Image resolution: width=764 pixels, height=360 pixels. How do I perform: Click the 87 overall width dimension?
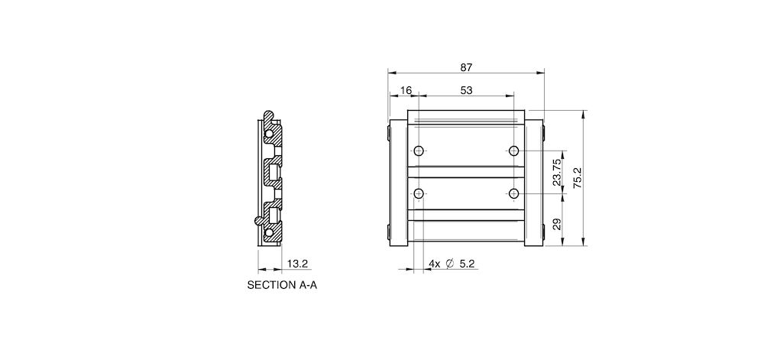click(x=466, y=67)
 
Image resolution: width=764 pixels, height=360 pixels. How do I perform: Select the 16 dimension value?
click(x=405, y=90)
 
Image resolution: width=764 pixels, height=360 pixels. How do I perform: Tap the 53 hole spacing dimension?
click(x=466, y=90)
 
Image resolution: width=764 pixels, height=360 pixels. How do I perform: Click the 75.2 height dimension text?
click(x=578, y=178)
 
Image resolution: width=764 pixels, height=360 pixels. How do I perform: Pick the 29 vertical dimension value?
click(x=556, y=224)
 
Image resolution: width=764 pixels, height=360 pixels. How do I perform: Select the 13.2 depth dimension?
click(x=297, y=264)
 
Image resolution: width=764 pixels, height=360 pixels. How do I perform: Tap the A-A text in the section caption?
click(x=306, y=286)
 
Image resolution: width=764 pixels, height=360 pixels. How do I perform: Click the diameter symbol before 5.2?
click(x=449, y=264)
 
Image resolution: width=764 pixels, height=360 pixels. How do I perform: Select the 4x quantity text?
click(x=433, y=264)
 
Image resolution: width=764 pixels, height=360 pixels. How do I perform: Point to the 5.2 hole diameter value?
click(x=468, y=264)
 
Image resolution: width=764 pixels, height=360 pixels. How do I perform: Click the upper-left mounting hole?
click(x=419, y=150)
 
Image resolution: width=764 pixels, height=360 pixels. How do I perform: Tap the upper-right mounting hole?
click(x=514, y=150)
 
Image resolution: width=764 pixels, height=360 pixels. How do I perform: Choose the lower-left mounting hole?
click(x=419, y=192)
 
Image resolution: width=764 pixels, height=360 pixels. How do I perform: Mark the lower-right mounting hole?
click(x=514, y=192)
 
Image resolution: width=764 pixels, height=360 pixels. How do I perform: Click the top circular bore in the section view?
click(x=269, y=133)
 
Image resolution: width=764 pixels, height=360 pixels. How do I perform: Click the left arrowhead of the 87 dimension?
click(x=391, y=73)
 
